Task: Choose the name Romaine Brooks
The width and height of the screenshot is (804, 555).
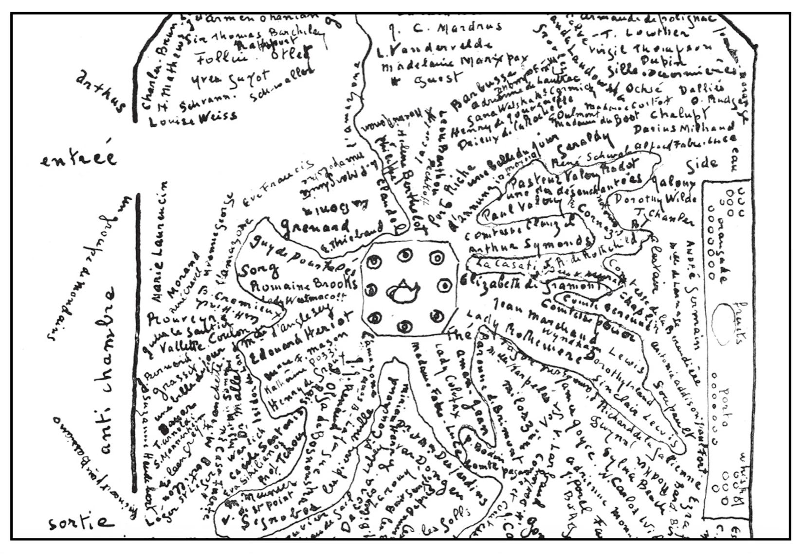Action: point(303,284)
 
